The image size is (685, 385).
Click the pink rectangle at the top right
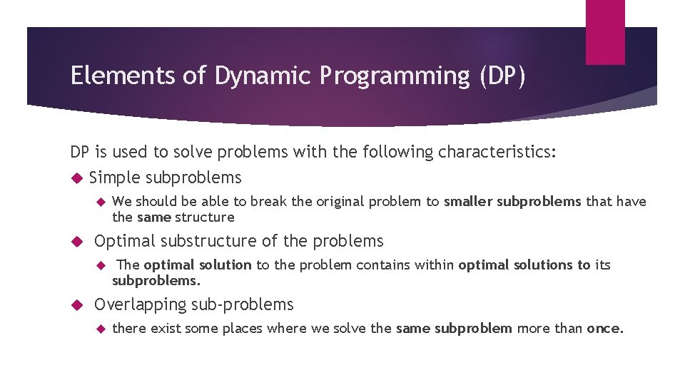[x=604, y=32]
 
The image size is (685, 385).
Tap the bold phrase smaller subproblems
[x=512, y=202]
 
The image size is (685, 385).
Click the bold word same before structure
[x=153, y=217]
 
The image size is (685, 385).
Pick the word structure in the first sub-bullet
[x=205, y=217]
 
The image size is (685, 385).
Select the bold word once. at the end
[x=605, y=329]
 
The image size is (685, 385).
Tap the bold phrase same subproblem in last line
[x=454, y=329]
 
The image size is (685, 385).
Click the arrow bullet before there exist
[x=100, y=329]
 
